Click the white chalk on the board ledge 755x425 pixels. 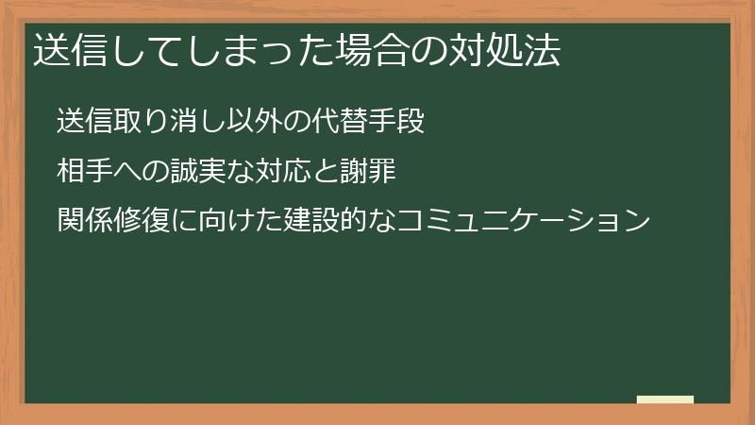pos(665,399)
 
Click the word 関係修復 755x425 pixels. pos(109,221)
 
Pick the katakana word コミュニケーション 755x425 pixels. pos(524,221)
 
